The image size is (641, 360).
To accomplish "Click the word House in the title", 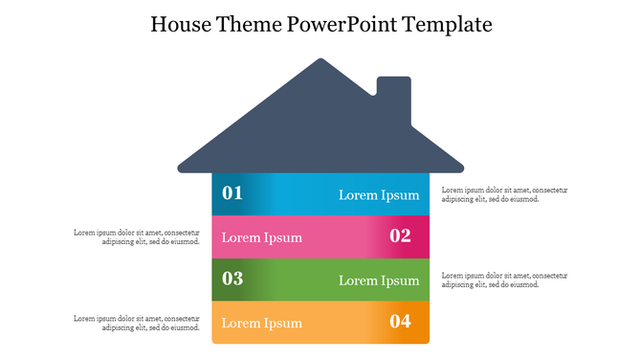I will coord(185,23).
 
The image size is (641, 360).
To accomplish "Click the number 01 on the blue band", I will coord(232,193).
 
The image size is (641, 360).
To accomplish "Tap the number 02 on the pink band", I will coord(400,236).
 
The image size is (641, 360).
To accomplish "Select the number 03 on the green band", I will coord(232,280).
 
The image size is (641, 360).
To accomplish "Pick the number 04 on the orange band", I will coord(400,322).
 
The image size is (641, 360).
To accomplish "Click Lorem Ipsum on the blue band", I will coord(379,195).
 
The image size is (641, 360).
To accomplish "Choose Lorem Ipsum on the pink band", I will coord(262,237).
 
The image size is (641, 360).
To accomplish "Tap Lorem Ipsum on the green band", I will coord(379,281).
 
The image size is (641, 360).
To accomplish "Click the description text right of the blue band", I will coord(504,194).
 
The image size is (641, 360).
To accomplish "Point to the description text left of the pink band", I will coord(137,236).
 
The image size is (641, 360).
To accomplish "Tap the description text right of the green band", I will coord(504,280).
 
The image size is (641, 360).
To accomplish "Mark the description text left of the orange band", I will coord(137,323).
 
